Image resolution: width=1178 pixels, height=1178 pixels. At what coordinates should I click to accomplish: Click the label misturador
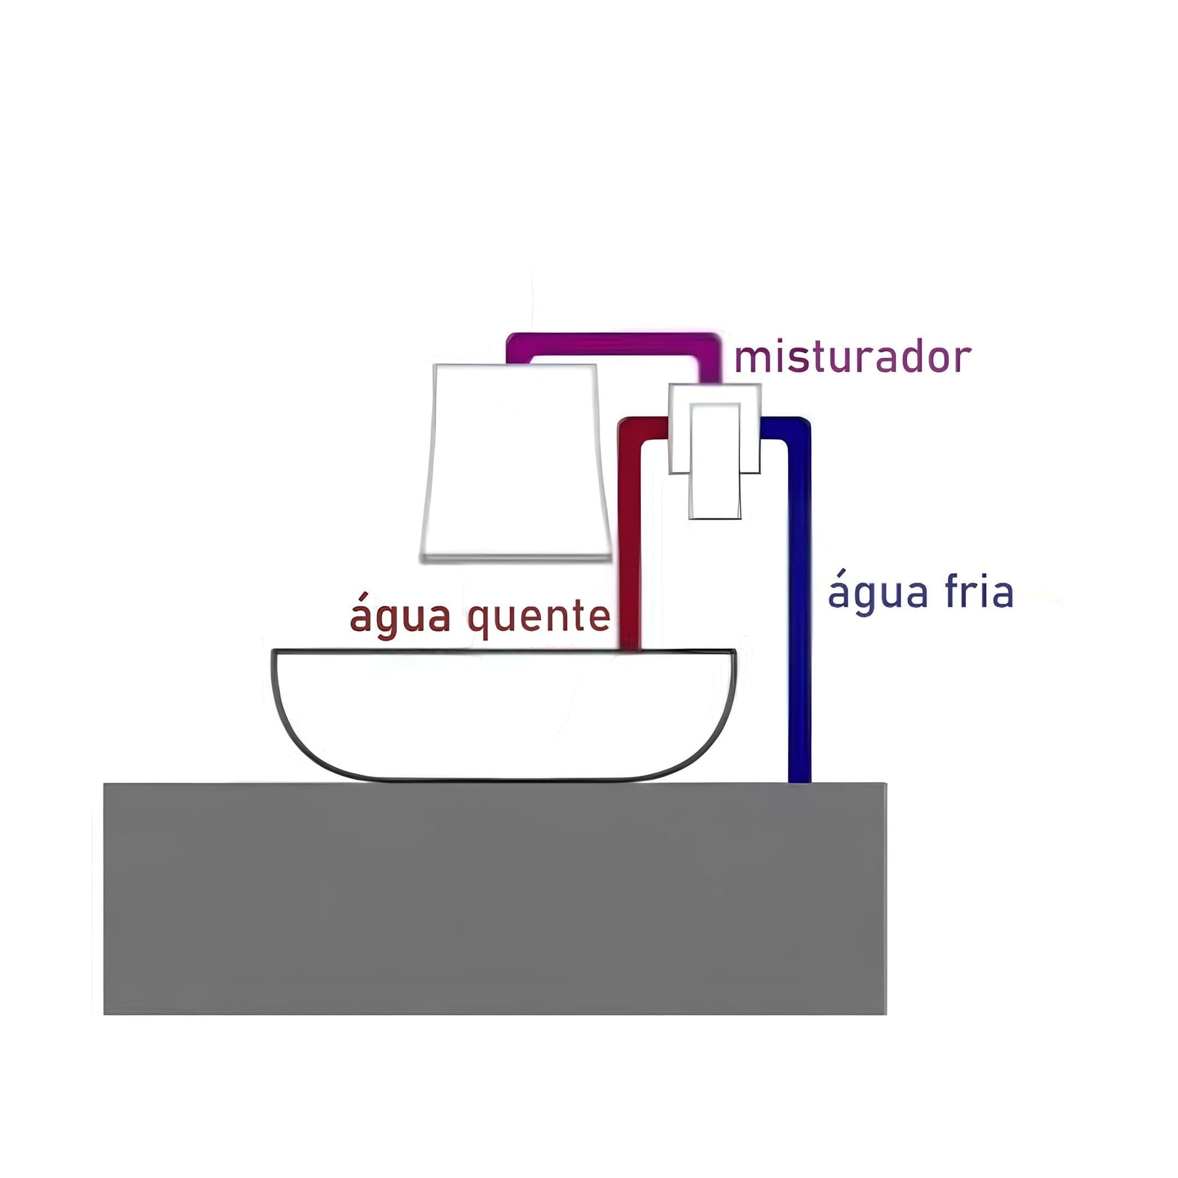(852, 358)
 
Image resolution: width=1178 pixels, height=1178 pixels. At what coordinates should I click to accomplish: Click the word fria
(979, 592)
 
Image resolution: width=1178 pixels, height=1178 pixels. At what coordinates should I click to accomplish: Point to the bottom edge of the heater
(516, 558)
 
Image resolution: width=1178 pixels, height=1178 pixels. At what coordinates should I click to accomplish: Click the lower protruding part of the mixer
(715, 497)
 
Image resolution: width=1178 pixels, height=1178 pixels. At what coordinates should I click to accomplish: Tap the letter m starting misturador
(747, 359)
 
